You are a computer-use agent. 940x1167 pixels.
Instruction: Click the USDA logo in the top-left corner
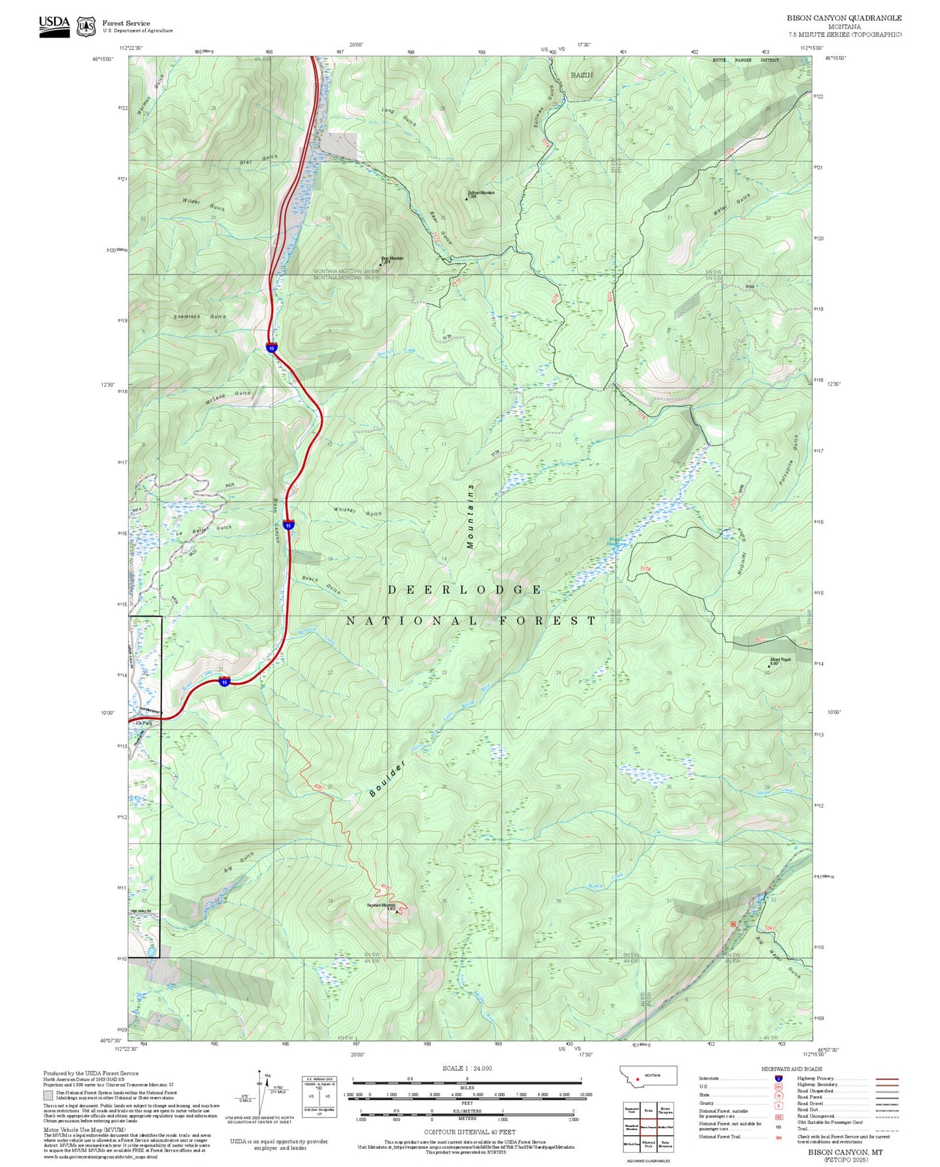click(54, 23)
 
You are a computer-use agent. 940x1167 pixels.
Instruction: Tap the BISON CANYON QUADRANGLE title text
click(844, 18)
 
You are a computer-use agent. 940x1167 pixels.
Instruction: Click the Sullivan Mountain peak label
click(481, 193)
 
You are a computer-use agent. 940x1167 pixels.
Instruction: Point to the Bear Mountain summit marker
click(381, 264)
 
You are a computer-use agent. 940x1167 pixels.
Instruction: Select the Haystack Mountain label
click(381, 905)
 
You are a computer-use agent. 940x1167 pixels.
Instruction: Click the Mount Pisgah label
click(781, 660)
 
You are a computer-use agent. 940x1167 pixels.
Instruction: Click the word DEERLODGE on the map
click(464, 590)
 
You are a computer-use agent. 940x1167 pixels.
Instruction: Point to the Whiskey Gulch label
click(357, 512)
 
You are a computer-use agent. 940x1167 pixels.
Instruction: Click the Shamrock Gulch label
click(200, 316)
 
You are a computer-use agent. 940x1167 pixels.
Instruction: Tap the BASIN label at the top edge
click(582, 75)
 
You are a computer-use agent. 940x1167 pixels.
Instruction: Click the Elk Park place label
click(143, 723)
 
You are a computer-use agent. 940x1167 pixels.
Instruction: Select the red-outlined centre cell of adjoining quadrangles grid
click(648, 1126)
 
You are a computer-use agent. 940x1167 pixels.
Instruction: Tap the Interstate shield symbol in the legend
click(778, 1078)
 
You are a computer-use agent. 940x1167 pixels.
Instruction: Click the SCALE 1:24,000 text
click(466, 1068)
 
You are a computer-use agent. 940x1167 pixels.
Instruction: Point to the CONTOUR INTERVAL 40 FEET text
click(469, 1133)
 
